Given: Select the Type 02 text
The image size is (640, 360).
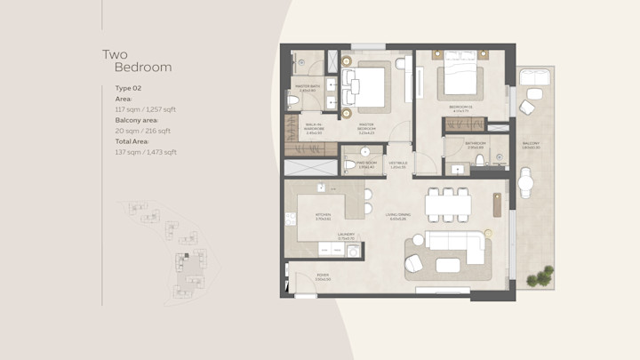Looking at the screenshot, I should pos(129,89).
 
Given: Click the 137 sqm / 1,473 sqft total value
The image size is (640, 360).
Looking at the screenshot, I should pos(146,152).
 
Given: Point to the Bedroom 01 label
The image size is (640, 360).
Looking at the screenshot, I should pos(460,108).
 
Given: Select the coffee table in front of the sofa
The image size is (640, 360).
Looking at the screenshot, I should pos(448,264).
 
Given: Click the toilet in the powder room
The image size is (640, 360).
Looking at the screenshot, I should pos(348,165).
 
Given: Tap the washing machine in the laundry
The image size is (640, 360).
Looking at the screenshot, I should pos(353,252).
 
